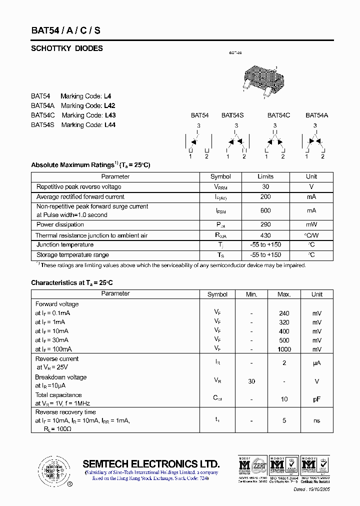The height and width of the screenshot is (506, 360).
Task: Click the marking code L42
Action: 109,105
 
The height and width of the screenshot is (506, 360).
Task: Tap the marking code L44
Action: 109,125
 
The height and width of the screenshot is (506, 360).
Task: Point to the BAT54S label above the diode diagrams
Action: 232,115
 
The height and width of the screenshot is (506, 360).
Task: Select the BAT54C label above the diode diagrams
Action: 278,115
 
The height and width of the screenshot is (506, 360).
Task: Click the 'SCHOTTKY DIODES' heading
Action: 67,48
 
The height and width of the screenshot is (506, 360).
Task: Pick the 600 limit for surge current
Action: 265,210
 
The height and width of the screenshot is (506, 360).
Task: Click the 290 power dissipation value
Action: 265,224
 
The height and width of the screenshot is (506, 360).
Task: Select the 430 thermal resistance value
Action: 265,235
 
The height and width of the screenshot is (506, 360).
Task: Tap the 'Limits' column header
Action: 265,176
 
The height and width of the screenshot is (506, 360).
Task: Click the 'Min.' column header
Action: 251,294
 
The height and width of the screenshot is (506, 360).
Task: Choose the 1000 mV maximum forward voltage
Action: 284,349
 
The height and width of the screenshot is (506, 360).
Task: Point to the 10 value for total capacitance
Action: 284,399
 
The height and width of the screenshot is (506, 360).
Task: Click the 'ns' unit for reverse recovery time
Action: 317,421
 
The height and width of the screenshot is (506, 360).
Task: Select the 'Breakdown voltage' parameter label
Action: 60,377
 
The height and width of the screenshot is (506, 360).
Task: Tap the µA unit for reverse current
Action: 317,363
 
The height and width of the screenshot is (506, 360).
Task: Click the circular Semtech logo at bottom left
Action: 52,470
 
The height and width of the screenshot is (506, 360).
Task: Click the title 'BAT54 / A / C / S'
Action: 65,30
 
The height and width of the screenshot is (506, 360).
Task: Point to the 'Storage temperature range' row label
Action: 72,255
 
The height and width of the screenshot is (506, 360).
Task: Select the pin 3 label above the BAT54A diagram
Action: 315,125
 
